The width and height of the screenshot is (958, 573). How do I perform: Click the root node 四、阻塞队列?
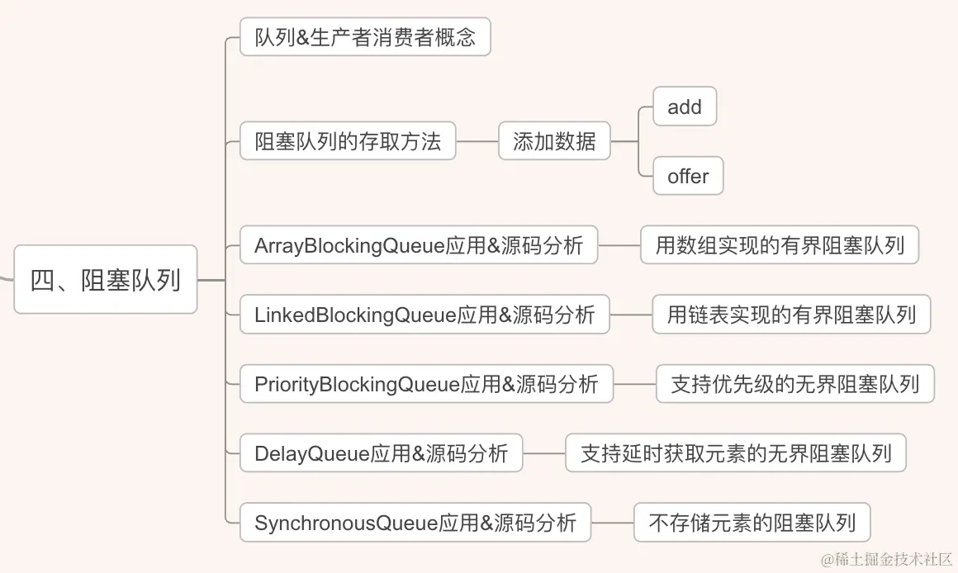click(106, 280)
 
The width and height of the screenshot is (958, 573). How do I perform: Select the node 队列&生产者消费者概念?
click(365, 37)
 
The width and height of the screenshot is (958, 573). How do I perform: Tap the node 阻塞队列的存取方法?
click(348, 141)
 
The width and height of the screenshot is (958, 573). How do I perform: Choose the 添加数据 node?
click(554, 141)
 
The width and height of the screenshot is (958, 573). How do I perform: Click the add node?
click(684, 107)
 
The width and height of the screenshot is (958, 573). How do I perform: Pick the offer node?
click(688, 176)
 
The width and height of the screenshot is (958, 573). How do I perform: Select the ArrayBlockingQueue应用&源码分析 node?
click(419, 245)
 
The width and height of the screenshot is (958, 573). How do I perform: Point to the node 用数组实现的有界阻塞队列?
click(780, 245)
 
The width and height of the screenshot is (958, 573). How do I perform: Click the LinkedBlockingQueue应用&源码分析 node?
click(424, 315)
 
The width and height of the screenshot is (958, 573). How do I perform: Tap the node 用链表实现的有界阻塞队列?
click(791, 315)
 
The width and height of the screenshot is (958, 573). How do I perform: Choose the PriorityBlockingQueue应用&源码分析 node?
click(426, 384)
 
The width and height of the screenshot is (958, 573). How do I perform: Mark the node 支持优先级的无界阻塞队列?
click(794, 384)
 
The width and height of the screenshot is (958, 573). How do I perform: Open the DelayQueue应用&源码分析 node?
click(381, 453)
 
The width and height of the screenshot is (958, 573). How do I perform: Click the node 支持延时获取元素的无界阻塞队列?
click(736, 453)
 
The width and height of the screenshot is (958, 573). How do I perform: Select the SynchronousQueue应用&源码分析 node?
click(415, 523)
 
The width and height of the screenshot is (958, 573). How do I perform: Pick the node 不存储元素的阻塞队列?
click(752, 523)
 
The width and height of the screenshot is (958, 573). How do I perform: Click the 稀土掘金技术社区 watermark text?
click(886, 558)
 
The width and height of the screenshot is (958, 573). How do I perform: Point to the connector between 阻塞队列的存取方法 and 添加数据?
click(477, 141)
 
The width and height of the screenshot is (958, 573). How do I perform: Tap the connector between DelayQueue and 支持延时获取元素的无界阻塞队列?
click(544, 453)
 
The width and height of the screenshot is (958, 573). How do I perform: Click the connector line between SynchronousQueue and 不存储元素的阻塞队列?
click(613, 523)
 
